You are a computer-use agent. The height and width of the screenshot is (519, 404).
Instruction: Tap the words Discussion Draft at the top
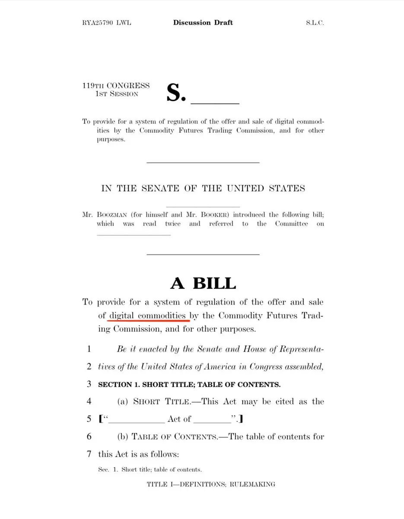click(x=203, y=22)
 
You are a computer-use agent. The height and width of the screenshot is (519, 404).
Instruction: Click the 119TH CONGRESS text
click(x=116, y=86)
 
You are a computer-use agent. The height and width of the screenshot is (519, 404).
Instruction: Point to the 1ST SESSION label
click(x=117, y=94)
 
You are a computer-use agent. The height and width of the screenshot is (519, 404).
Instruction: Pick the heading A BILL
click(x=203, y=283)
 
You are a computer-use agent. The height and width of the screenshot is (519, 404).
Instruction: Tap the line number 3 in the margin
click(x=89, y=384)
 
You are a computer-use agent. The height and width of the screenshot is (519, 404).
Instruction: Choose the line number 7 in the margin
click(x=89, y=454)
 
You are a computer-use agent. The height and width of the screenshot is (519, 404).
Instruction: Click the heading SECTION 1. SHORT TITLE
click(x=189, y=384)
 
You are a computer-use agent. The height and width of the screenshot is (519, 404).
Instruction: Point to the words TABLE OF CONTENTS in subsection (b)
click(x=175, y=437)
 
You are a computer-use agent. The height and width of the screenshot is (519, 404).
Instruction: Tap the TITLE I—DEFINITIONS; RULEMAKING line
click(x=211, y=484)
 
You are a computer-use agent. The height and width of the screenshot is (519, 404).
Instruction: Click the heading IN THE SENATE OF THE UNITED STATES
click(x=203, y=189)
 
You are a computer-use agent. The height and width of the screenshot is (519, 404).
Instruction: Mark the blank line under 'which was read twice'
click(x=134, y=235)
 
